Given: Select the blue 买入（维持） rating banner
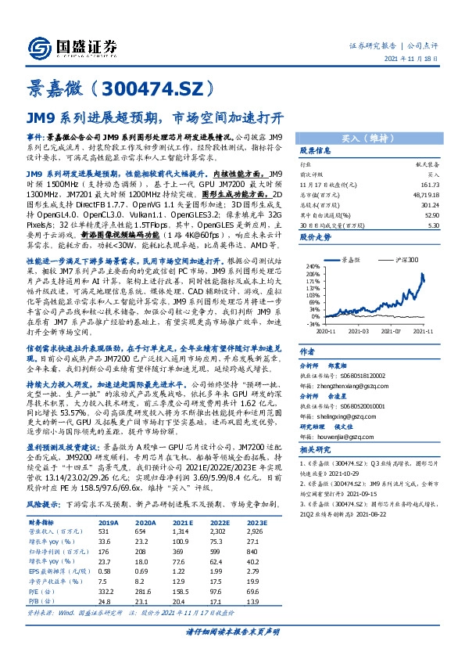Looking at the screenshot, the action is click(x=367, y=135).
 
